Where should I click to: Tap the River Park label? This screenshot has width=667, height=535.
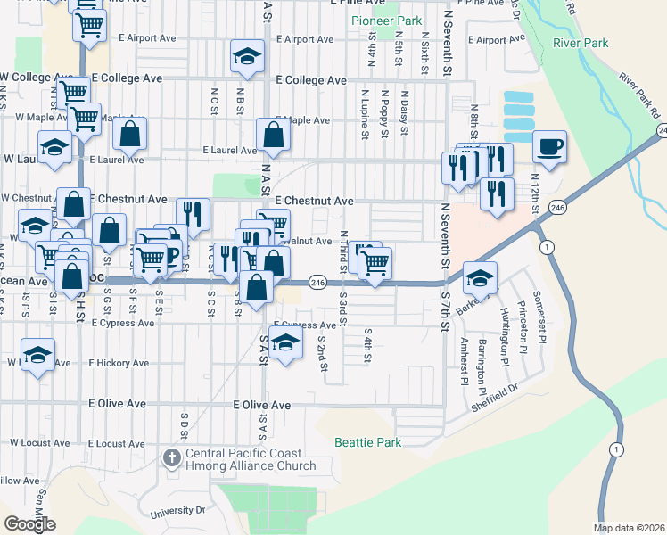pos(581,43)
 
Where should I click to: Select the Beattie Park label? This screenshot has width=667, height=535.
pos(367,442)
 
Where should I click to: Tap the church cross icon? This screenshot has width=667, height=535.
pos(172,458)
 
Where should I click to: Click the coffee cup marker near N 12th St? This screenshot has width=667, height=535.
pos(549,145)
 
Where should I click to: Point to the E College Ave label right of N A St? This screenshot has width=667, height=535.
pos(310,80)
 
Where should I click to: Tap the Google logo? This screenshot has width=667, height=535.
pos(29,524)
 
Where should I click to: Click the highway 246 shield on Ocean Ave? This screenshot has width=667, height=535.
pos(317,282)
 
